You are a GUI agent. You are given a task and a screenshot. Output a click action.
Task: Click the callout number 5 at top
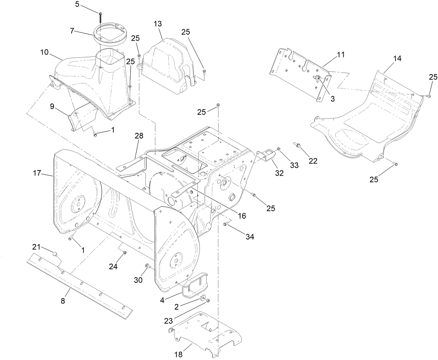(77, 4)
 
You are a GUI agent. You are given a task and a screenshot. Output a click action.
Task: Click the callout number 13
(157, 24)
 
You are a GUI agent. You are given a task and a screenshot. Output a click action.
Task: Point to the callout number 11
(340, 54)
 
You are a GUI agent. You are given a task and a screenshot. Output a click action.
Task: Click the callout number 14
(397, 58)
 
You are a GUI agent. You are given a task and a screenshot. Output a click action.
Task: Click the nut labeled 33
(279, 150)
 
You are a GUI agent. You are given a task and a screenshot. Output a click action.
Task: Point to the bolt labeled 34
(225, 224)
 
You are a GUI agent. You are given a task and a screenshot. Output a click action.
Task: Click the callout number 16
(241, 216)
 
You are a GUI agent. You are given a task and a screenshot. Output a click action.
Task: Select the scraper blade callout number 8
(63, 301)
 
